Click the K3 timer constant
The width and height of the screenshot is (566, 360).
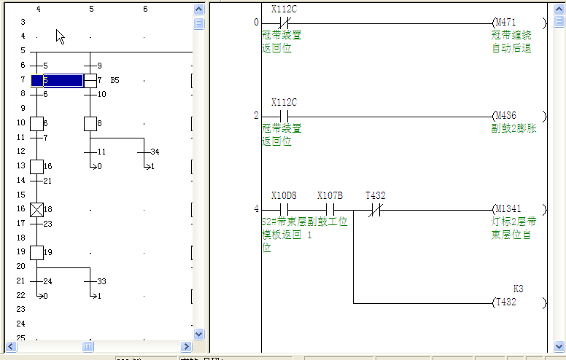pos(519,289)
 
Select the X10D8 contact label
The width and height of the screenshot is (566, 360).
pos(284,196)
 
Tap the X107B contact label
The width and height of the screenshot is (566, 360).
pos(330,196)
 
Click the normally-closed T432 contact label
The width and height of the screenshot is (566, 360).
pos(376,196)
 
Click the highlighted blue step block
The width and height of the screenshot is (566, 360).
pos(57,80)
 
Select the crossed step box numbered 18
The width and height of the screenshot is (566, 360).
pos(36,210)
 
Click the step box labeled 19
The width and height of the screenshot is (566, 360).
pos(36,252)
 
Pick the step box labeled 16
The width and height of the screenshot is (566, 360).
pos(36,166)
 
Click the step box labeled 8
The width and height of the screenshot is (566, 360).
pos(90,123)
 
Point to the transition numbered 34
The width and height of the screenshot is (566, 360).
pos(154,152)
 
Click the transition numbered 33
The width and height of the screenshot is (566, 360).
pos(101,281)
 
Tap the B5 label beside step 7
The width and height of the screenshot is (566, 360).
pos(115,80)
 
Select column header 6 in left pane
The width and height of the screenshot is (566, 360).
pos(145,9)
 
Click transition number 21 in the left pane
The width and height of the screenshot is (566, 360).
pos(47,180)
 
